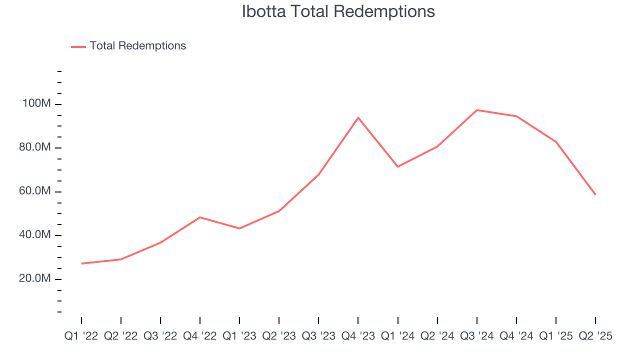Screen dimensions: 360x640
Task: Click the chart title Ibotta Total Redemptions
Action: click(x=338, y=11)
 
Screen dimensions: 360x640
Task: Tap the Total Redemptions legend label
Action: click(x=137, y=46)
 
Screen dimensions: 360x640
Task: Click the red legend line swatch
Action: click(x=78, y=46)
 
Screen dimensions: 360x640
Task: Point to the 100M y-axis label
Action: click(x=36, y=104)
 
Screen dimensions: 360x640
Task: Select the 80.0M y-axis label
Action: click(x=34, y=148)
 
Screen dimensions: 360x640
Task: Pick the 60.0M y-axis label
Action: click(x=34, y=191)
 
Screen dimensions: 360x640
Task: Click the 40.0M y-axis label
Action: click(x=34, y=235)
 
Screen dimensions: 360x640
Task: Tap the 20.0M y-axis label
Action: click(x=34, y=278)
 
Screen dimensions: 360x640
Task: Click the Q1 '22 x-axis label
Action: click(x=81, y=336)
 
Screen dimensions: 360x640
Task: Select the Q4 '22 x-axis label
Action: click(x=200, y=336)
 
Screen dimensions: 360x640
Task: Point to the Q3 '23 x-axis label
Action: click(x=318, y=336)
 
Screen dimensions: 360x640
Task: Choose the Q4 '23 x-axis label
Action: click(x=358, y=336)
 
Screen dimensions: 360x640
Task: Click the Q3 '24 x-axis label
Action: click(x=477, y=336)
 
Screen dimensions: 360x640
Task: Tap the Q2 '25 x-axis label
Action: click(x=595, y=336)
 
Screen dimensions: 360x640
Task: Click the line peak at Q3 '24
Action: click(x=477, y=110)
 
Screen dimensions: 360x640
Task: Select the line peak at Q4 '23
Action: click(x=358, y=117)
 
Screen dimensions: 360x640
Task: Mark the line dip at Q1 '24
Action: click(x=398, y=166)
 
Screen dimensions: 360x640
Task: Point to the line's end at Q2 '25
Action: click(x=595, y=194)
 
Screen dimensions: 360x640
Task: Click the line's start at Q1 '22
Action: click(x=81, y=263)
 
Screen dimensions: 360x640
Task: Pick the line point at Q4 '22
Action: click(x=200, y=217)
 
